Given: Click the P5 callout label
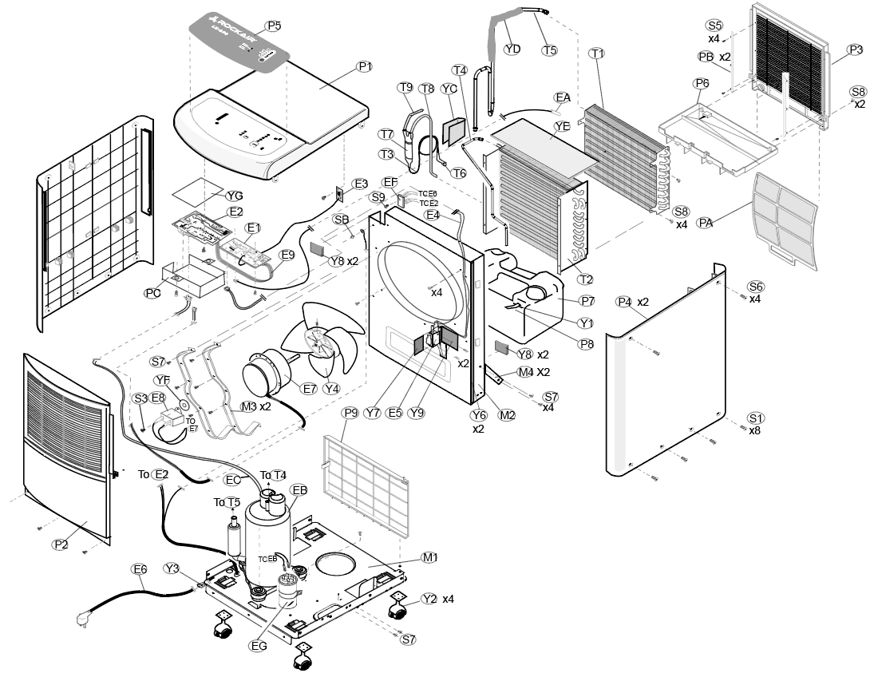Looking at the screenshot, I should point(274,26).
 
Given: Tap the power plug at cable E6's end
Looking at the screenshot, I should point(83,616).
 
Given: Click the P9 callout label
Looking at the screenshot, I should point(350,413).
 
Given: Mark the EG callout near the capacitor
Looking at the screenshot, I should point(258,646).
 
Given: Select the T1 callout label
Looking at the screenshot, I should point(597,53).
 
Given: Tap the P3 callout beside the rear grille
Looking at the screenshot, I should point(856,49).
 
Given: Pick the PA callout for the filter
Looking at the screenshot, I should point(705,222).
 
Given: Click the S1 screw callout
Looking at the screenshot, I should point(756,418).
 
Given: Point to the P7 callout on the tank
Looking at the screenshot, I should point(587,300).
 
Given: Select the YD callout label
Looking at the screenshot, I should point(512,49).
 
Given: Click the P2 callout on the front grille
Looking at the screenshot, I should point(61,544).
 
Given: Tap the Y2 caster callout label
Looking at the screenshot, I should point(429,598).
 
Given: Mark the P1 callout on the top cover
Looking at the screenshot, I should point(365,66).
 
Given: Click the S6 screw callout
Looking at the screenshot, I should point(756,287).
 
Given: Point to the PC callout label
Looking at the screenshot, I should point(152,293).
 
